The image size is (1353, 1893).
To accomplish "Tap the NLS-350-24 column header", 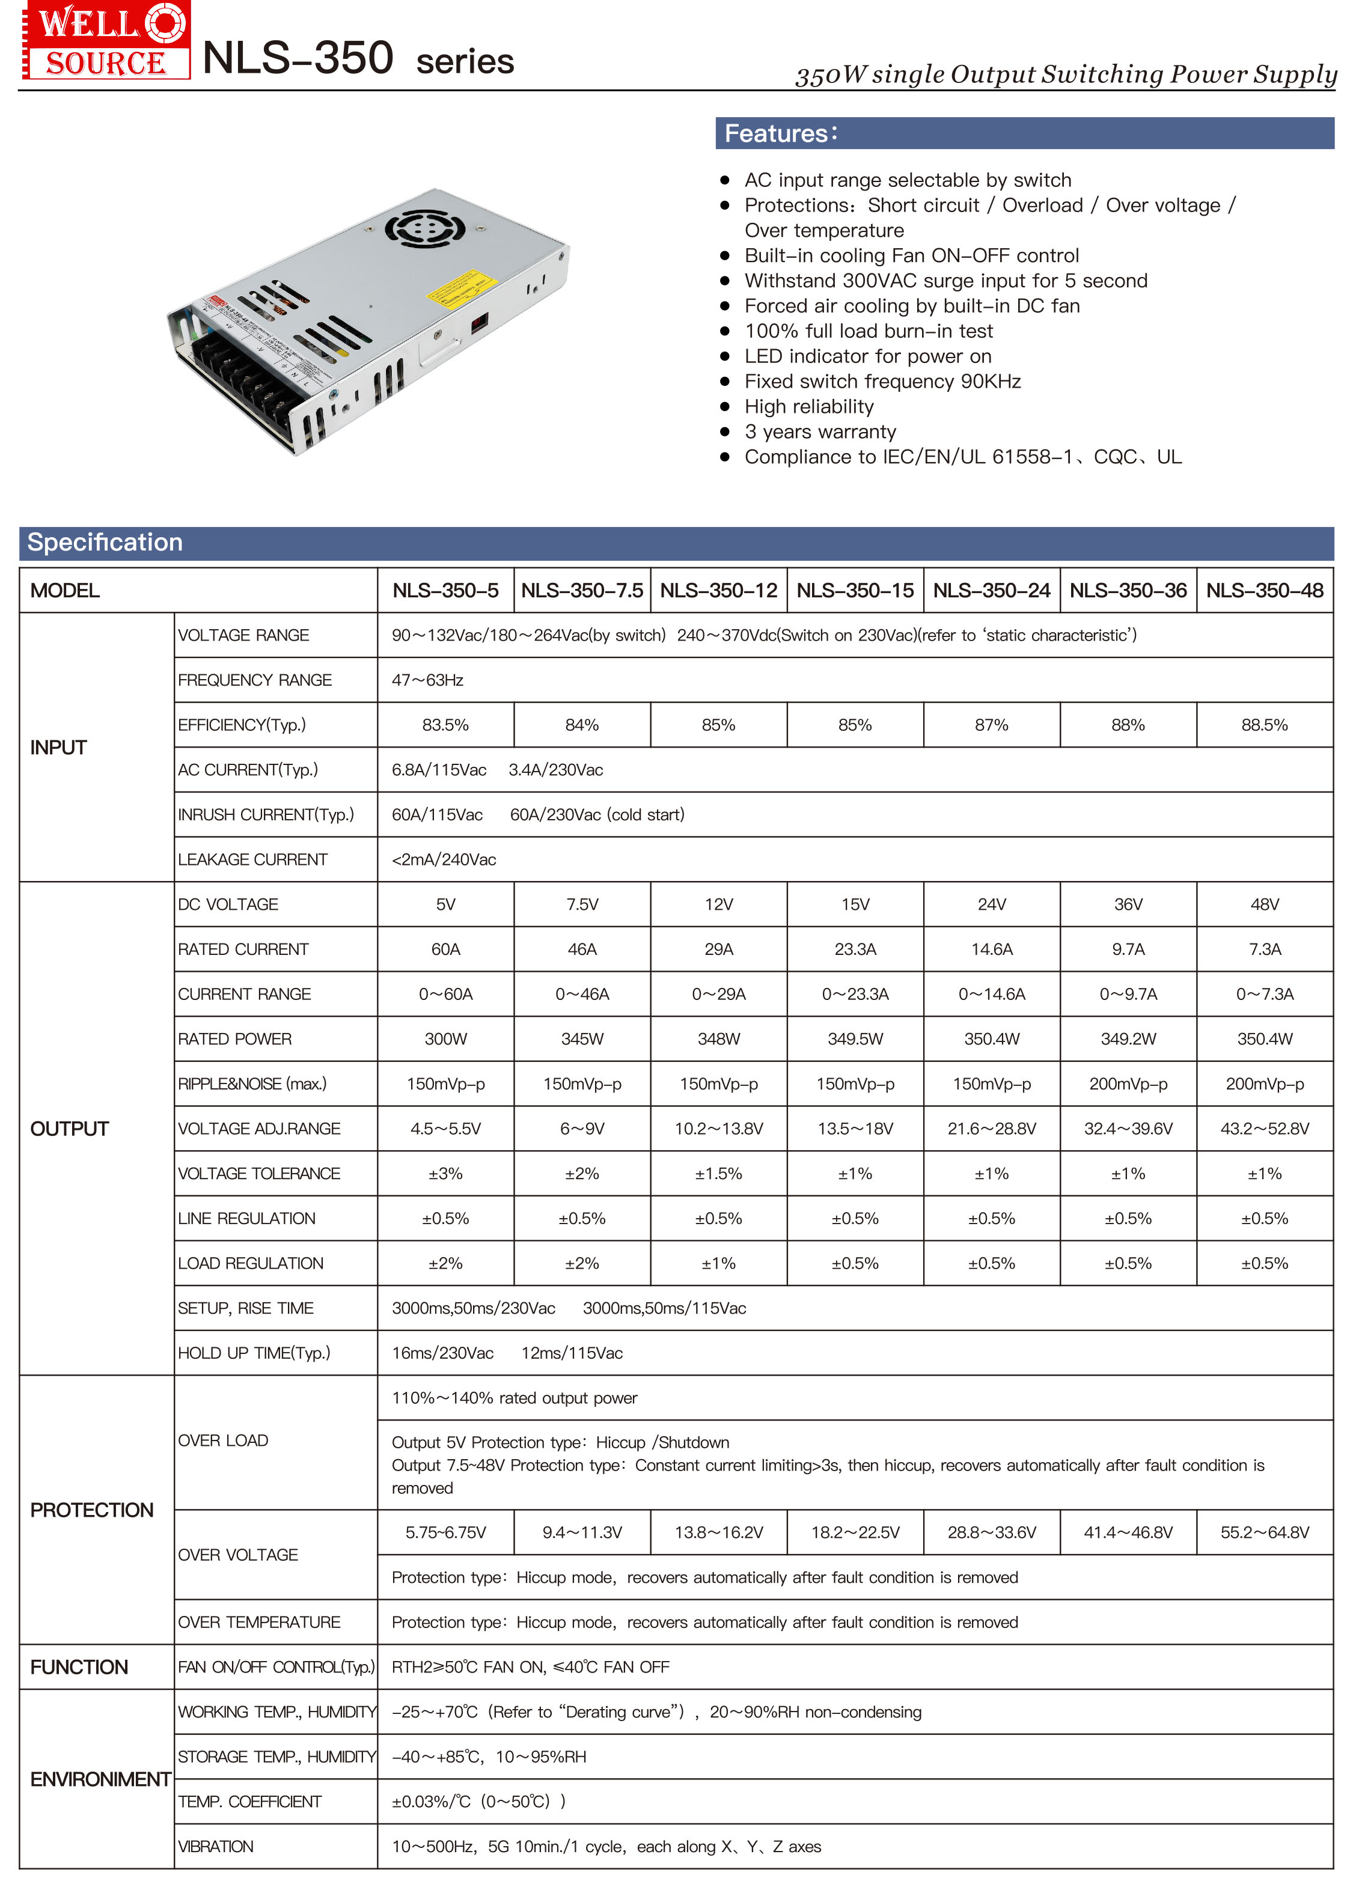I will pos(991,591).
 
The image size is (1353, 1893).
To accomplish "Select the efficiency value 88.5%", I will pos(1264,725).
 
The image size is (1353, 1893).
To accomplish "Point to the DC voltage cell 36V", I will pos(1128,904).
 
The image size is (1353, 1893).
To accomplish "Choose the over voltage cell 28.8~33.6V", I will pos(991,1532).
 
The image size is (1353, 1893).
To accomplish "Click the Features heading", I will pos(781,134).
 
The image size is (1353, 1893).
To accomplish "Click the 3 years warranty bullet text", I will pos(820,432).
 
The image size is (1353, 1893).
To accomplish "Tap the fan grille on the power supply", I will pos(424,228).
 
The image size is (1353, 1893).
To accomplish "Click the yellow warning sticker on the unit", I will pos(462,287).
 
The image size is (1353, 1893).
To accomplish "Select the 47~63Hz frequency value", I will pos(427,680).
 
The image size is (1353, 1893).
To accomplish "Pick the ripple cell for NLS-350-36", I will pos(1128,1084).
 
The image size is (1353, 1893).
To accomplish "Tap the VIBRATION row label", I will pos(216,1846).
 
